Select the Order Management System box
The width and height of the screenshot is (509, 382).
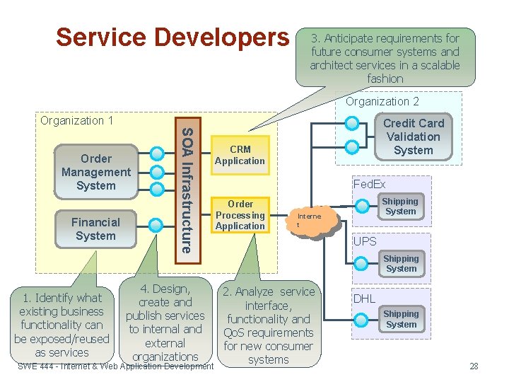tap(96, 172)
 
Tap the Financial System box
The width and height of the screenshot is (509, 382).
tap(95, 228)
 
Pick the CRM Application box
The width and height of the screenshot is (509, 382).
tap(240, 155)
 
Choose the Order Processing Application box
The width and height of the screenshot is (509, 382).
tap(240, 215)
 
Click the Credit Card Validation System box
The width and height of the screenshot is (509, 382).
tap(413, 137)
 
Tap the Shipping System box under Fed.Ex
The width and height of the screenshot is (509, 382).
tap(401, 206)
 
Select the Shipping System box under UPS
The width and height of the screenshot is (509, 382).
tap(401, 263)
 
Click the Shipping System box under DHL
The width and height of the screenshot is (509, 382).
tap(401, 319)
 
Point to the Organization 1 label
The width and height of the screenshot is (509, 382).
tap(77, 120)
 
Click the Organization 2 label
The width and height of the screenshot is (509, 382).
tap(382, 101)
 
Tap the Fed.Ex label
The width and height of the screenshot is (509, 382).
tap(369, 185)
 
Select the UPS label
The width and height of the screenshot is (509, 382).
tap(365, 241)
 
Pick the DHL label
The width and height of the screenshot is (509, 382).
tap(364, 299)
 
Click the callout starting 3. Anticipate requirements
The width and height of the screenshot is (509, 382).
tap(385, 58)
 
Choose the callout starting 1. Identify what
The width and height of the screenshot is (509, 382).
tap(62, 325)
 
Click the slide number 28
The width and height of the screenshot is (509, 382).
tap(474, 366)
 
